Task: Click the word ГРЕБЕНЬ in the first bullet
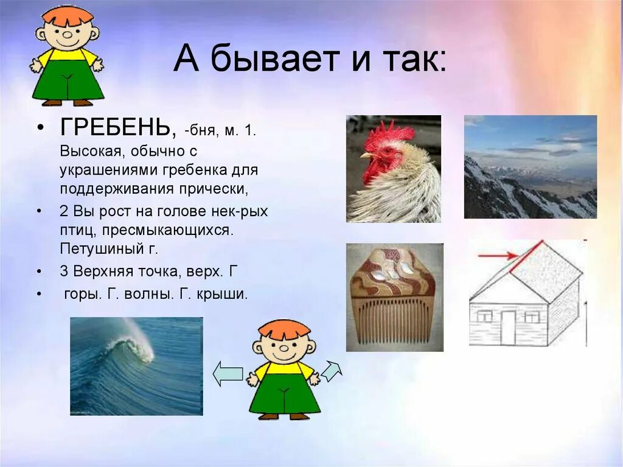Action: pyautogui.click(x=114, y=129)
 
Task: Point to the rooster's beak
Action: pyautogui.click(x=366, y=156)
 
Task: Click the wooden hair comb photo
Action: pyautogui.click(x=394, y=297)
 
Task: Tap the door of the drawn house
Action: pyautogui.click(x=507, y=327)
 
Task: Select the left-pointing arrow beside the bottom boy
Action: pyautogui.click(x=228, y=373)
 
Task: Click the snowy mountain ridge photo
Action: pyautogui.click(x=530, y=167)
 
